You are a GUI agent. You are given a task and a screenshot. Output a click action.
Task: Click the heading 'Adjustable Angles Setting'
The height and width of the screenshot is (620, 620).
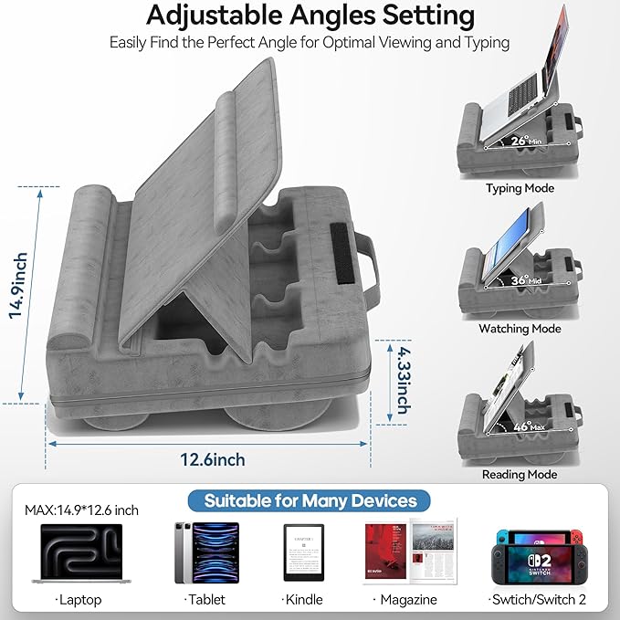click(310, 16)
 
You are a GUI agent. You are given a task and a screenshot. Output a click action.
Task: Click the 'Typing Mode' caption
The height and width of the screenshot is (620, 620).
click(520, 189)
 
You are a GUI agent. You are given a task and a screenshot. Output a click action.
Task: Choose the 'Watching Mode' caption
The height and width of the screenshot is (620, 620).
click(520, 328)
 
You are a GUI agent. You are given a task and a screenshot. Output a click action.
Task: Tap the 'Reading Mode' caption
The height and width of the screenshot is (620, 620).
click(520, 475)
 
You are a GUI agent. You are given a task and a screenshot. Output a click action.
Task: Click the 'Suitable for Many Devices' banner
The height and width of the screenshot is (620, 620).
click(310, 500)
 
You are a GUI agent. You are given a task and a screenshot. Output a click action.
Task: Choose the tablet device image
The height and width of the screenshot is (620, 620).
click(205, 553)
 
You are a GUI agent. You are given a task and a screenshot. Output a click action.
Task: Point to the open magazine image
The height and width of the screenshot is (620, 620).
click(410, 552)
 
